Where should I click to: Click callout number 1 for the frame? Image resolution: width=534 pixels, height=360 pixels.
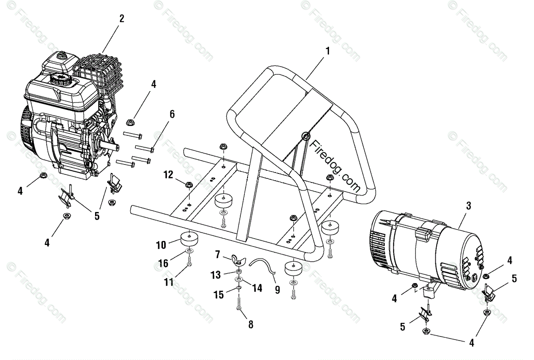327,51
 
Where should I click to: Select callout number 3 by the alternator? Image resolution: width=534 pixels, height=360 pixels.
468,206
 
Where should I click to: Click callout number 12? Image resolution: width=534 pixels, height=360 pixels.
168,174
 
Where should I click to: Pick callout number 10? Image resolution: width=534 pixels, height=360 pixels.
162,245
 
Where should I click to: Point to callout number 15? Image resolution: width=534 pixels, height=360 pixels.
219,295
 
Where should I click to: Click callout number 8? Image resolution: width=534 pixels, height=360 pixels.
251,324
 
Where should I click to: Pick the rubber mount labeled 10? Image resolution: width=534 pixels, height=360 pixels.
190,237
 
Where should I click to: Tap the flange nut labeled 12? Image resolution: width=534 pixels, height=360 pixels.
189,184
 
